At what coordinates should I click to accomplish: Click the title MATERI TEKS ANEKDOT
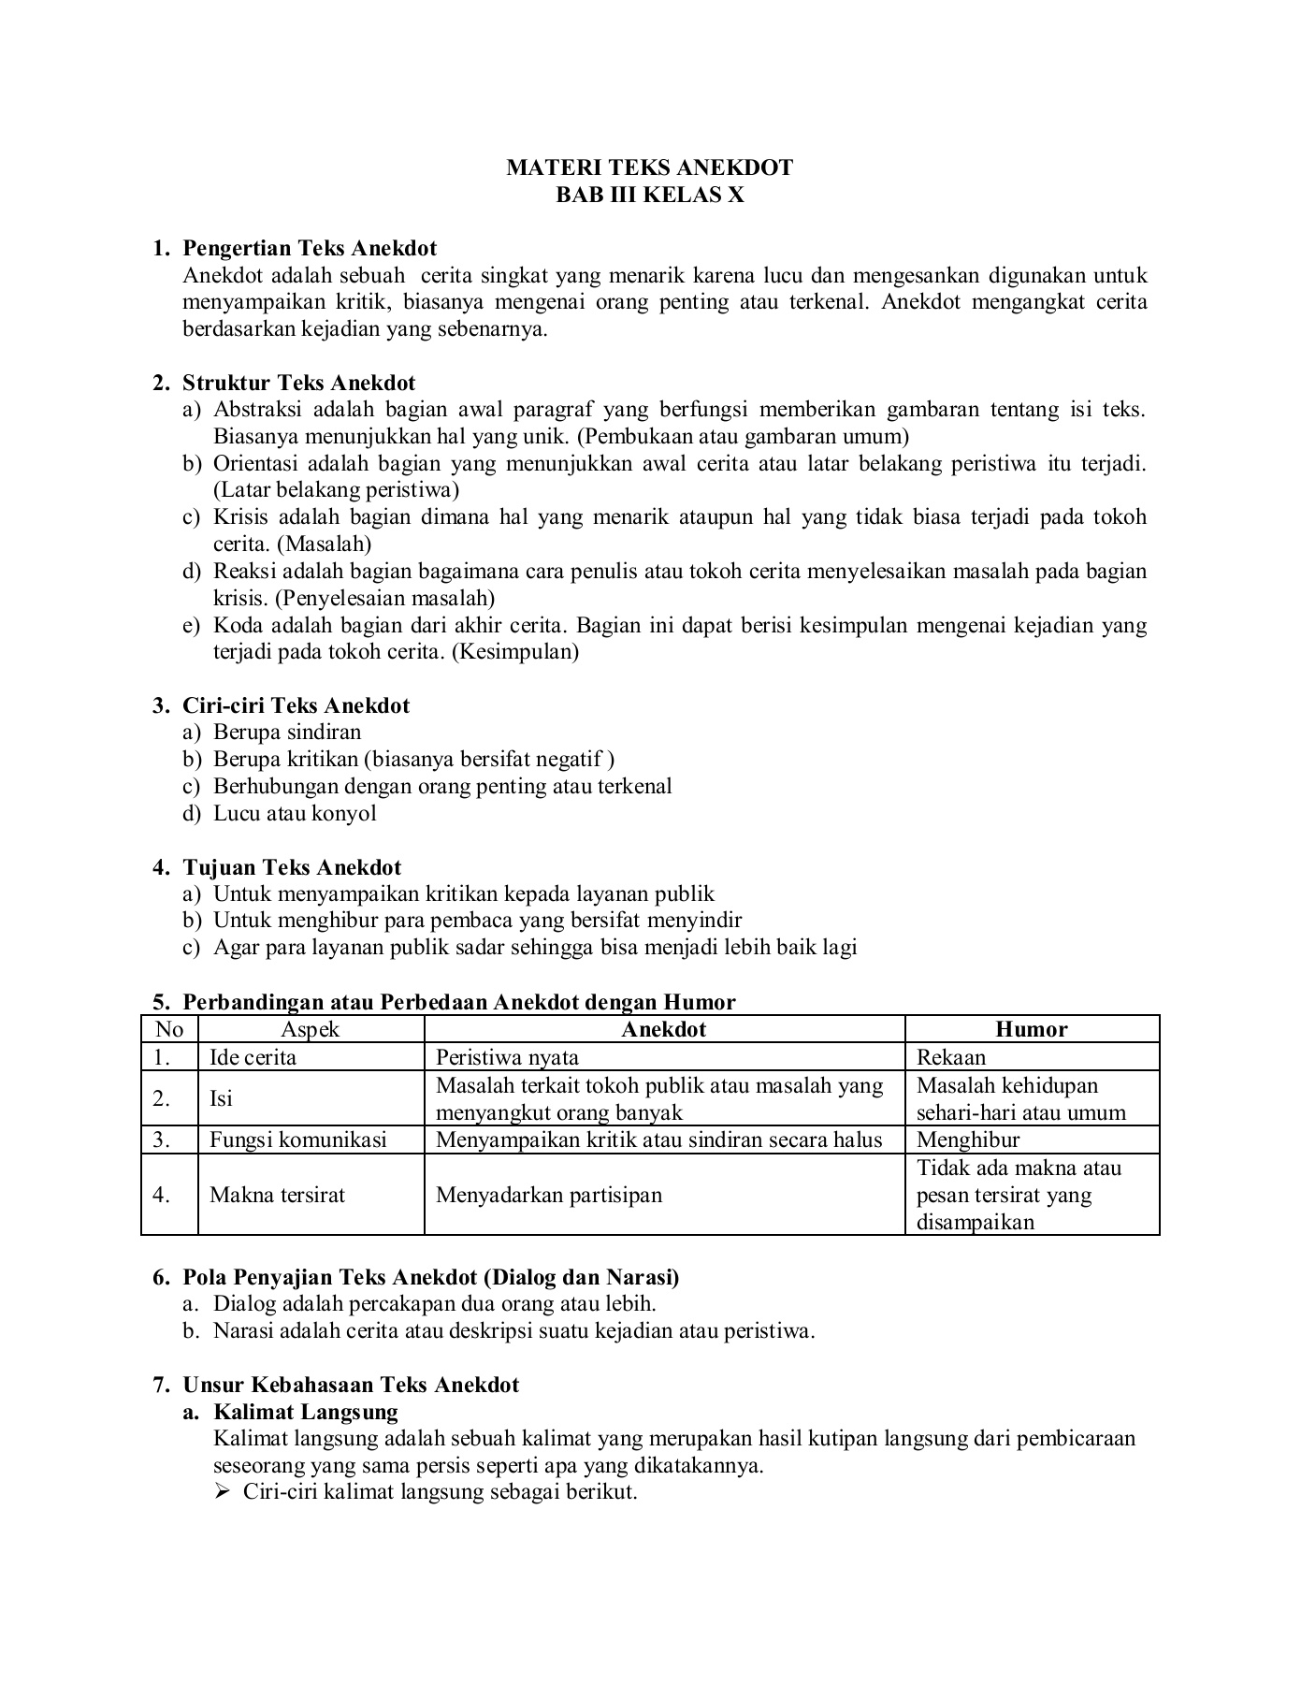tap(649, 167)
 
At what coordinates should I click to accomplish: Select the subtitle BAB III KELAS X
tap(650, 195)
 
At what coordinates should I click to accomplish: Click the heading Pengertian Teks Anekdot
tap(310, 248)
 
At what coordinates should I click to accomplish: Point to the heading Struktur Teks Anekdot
tap(298, 383)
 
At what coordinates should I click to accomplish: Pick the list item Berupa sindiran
tap(287, 733)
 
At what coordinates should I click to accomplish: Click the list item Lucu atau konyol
tap(295, 813)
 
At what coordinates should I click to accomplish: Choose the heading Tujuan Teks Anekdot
tap(292, 867)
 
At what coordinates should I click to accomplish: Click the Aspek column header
tap(311, 1030)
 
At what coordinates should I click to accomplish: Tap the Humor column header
tap(1032, 1030)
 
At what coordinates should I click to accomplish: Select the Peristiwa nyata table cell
tap(507, 1058)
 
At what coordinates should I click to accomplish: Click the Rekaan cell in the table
tap(951, 1058)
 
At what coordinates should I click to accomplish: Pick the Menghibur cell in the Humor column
tap(968, 1140)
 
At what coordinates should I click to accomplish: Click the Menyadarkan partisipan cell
tap(549, 1196)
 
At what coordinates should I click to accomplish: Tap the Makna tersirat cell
tap(277, 1196)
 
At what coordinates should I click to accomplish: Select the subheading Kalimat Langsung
tap(306, 1413)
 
